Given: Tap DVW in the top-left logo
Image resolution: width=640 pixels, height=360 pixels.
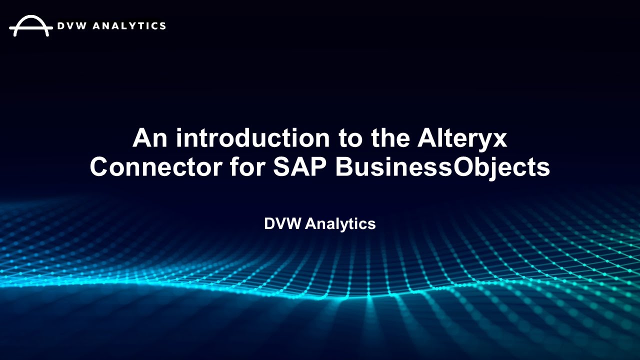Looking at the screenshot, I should click(x=71, y=25).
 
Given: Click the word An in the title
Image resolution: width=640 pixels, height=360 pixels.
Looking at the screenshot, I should click(x=148, y=138).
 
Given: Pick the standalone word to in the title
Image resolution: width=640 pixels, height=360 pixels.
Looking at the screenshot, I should click(x=343, y=138).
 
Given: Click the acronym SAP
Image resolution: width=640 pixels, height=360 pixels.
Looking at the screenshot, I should click(x=300, y=167).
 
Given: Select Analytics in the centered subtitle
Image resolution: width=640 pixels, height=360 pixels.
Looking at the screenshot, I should click(x=340, y=224).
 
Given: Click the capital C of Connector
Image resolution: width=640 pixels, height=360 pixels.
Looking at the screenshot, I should click(x=101, y=167).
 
